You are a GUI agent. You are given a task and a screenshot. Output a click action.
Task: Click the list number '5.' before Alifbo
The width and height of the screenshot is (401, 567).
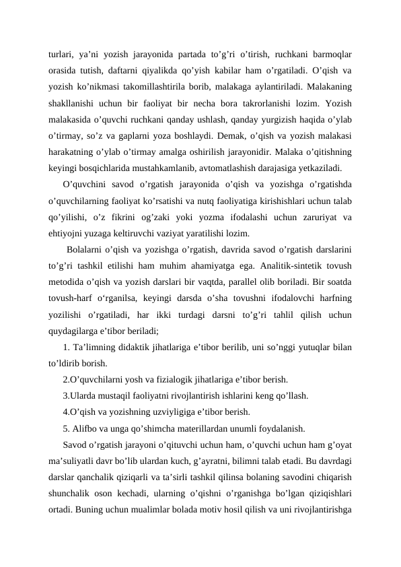click(67, 429)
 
